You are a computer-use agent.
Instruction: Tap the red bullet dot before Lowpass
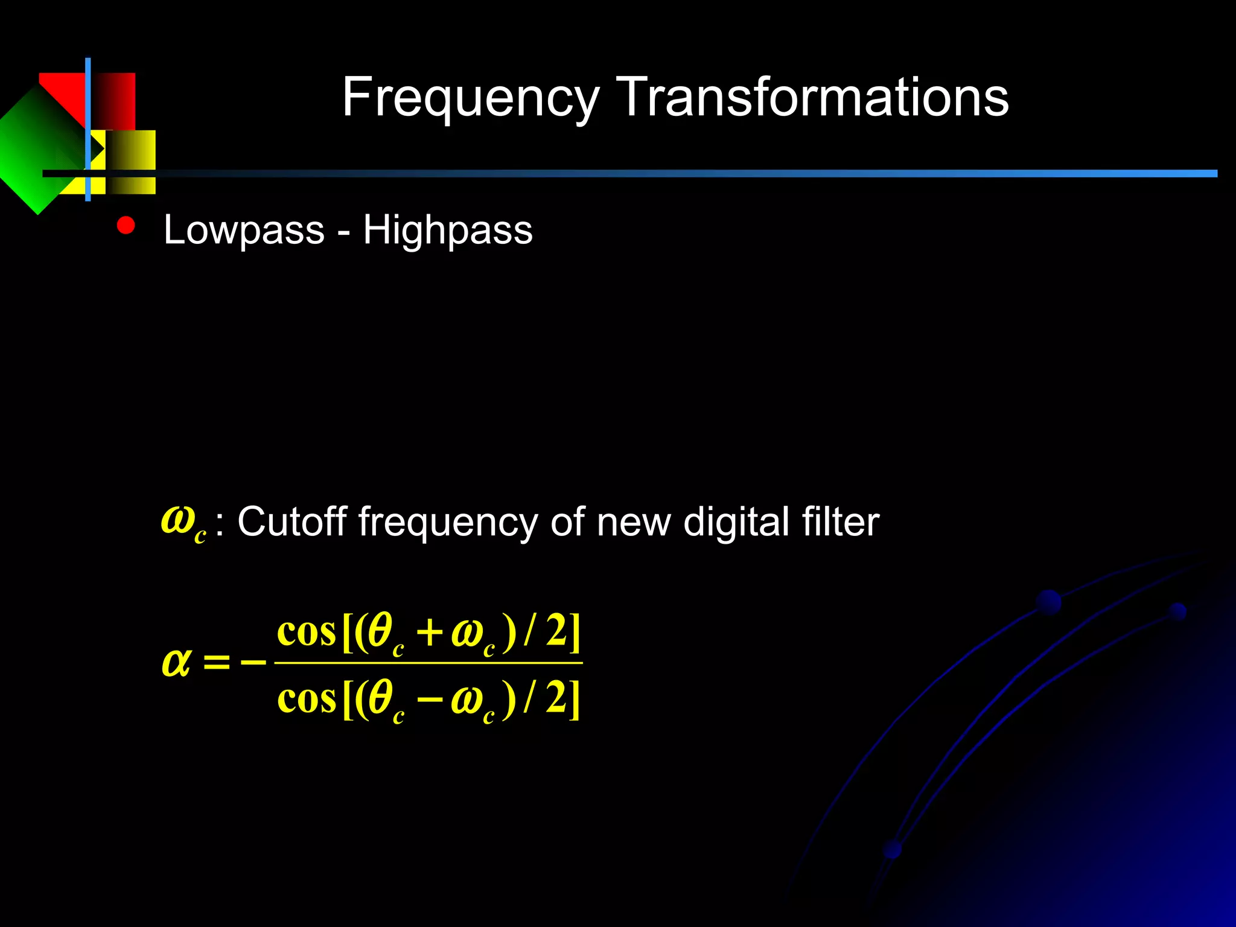pyautogui.click(x=126, y=225)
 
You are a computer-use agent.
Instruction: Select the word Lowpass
pyautogui.click(x=244, y=230)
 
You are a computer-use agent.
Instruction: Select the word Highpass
pyautogui.click(x=448, y=230)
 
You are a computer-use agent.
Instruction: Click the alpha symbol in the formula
pyautogui.click(x=176, y=662)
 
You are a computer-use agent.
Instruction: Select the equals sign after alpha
pyautogui.click(x=217, y=663)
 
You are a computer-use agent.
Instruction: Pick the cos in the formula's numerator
pyautogui.click(x=306, y=632)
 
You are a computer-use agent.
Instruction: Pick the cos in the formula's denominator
pyautogui.click(x=306, y=699)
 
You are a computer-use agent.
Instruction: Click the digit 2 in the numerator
pyautogui.click(x=556, y=631)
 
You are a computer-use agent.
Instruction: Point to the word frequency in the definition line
pyautogui.click(x=447, y=523)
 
